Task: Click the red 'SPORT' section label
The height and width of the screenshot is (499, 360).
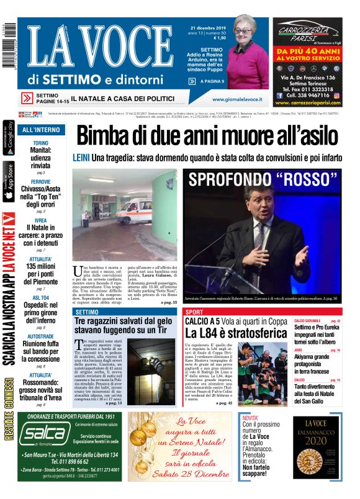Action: pos(194,312)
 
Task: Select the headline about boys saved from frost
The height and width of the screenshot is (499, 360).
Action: pos(123,326)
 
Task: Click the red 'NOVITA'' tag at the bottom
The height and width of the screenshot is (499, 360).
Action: pos(251,418)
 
